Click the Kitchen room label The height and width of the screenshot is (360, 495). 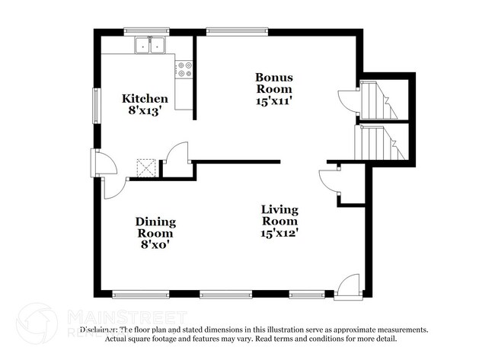pyautogui.click(x=145, y=98)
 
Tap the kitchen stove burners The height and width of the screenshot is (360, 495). pyautogui.click(x=185, y=70)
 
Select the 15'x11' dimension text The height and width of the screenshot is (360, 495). pyautogui.click(x=274, y=99)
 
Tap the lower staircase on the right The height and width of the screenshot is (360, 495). pyautogui.click(x=378, y=142)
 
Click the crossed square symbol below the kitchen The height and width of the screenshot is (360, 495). pyautogui.click(x=146, y=167)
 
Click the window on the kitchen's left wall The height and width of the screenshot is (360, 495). pyautogui.click(x=96, y=106)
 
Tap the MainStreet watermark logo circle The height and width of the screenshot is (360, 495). pyautogui.click(x=37, y=323)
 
